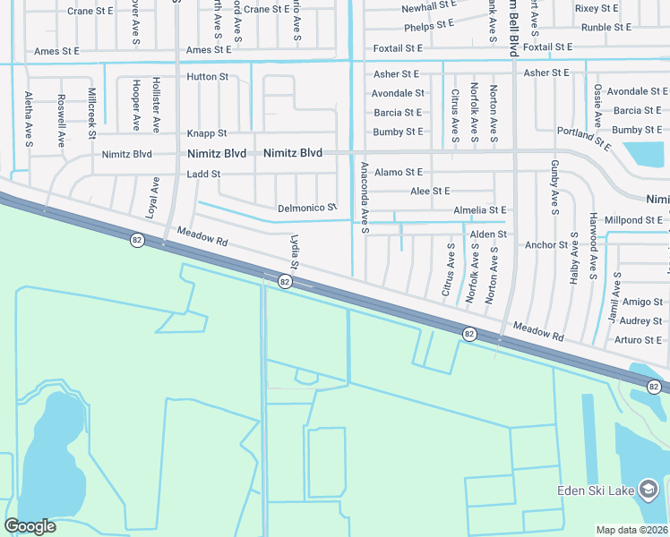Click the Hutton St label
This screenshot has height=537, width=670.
click(x=207, y=77)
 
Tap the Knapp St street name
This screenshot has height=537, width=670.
click(x=207, y=133)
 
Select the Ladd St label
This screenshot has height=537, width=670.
click(x=204, y=174)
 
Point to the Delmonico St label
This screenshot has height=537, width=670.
click(x=306, y=208)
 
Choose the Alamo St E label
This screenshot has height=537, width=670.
click(x=399, y=172)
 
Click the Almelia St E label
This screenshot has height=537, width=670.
click(x=480, y=210)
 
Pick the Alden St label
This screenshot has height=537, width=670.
click(x=488, y=234)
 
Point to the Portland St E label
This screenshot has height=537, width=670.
click(x=583, y=138)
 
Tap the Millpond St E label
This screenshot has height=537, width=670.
click(x=634, y=220)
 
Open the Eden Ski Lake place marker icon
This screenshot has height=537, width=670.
click(x=649, y=489)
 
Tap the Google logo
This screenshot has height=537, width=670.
click(x=30, y=526)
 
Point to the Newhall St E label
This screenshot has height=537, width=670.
click(x=429, y=7)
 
